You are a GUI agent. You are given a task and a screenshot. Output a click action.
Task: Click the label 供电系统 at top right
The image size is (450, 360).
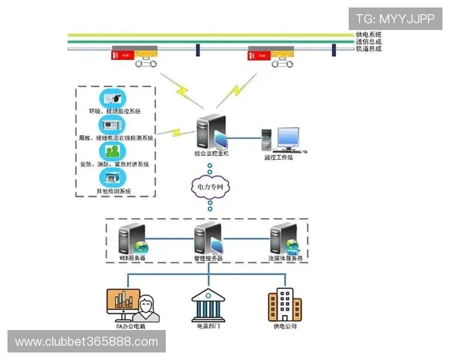coord(369,34)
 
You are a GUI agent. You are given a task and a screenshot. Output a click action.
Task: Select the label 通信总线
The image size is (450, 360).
coord(369,42)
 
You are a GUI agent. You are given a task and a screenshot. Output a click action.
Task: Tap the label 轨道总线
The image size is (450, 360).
coord(369,49)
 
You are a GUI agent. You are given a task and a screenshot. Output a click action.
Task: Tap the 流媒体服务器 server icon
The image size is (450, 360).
coord(283,239)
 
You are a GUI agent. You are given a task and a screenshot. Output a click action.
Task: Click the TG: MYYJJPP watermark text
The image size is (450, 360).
coord(395,18)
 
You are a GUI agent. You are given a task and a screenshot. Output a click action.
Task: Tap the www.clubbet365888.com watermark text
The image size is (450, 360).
coord(87,342)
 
